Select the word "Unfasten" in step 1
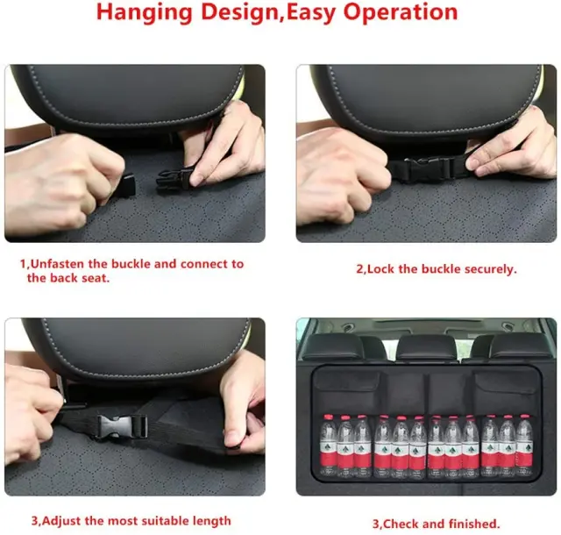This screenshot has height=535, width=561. [58, 264]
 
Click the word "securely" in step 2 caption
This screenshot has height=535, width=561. [491, 269]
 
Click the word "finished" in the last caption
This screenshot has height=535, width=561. [474, 524]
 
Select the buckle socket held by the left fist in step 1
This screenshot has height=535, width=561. [124, 185]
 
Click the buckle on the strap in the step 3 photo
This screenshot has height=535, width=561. [122, 426]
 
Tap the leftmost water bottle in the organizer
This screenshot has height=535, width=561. [329, 446]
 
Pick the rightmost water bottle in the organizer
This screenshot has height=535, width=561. [524, 446]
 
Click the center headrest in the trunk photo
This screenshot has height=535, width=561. [426, 347]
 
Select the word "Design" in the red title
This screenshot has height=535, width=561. [239, 13]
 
